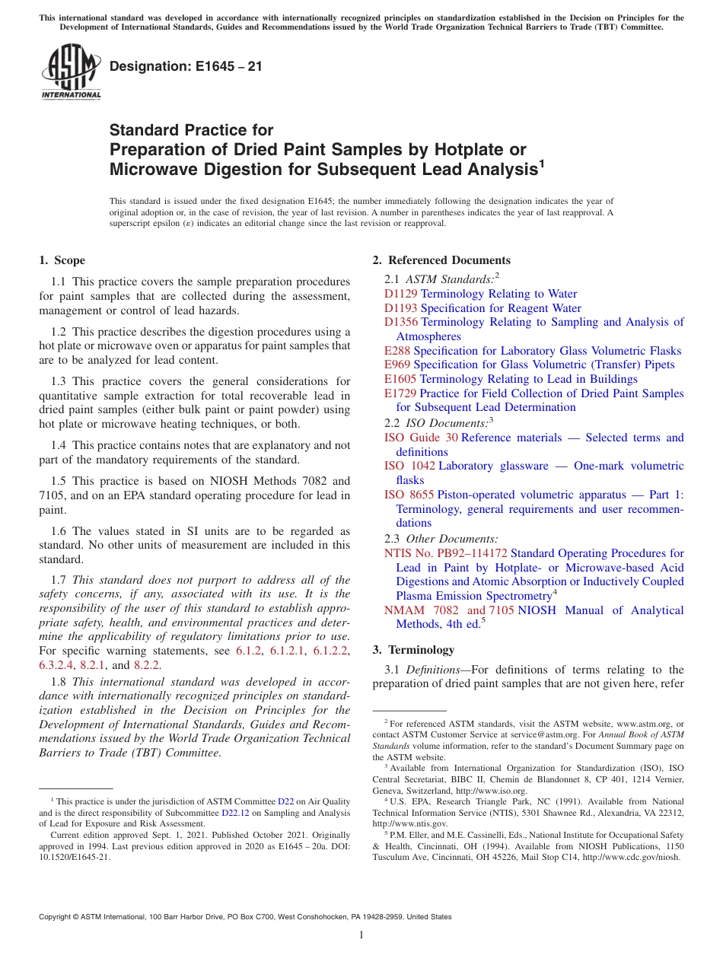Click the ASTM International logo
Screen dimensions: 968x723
[x=70, y=73]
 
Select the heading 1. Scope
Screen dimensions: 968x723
[x=62, y=260]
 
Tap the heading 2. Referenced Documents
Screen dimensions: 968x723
[x=441, y=260]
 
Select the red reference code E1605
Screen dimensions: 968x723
[x=400, y=379]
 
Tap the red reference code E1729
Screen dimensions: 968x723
[x=400, y=393]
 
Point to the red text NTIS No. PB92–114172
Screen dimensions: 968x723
[x=446, y=553]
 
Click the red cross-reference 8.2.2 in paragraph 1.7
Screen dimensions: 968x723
[x=147, y=664]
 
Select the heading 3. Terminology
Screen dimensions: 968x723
[x=413, y=650]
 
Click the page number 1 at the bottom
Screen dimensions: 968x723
[x=361, y=935]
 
